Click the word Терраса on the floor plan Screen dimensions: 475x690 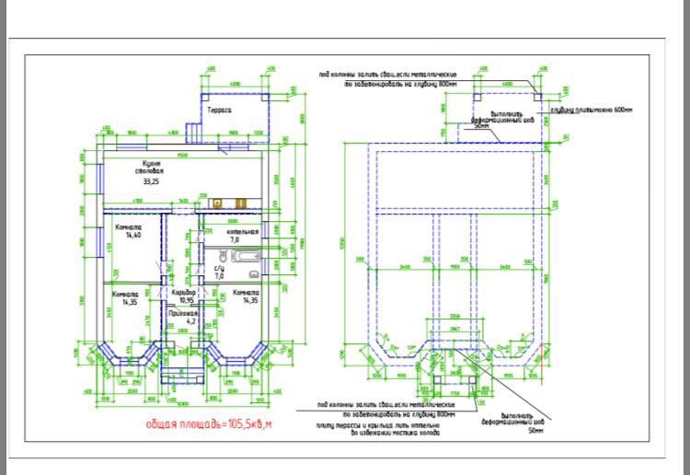tap(218, 110)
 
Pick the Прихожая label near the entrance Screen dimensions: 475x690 tap(182, 313)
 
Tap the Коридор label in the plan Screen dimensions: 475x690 tap(183, 294)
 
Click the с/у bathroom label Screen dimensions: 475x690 tap(219, 269)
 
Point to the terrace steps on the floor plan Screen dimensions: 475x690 tap(196, 133)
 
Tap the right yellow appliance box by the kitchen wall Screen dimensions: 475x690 tap(238, 203)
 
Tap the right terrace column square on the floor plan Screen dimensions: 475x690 tap(267, 94)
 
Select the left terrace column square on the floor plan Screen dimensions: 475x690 tap(206, 94)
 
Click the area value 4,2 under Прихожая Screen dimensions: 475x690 tap(191, 321)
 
